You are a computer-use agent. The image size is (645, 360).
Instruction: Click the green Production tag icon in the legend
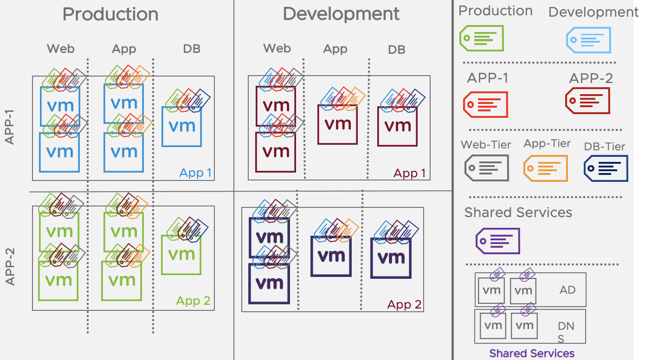pyautogui.click(x=481, y=38)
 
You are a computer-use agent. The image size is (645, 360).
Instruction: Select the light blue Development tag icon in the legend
pyautogui.click(x=588, y=40)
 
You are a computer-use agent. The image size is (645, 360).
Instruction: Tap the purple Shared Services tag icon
pyautogui.click(x=498, y=241)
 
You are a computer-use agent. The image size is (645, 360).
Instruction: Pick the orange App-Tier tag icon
pyautogui.click(x=545, y=168)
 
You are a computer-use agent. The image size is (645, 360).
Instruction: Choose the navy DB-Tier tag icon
pyautogui.click(x=606, y=168)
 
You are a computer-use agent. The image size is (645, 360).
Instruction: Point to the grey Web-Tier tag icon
pyautogui.click(x=486, y=167)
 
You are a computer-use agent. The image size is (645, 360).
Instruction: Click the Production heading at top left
pyautogui.click(x=110, y=14)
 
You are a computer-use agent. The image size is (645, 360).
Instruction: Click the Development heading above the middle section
pyautogui.click(x=341, y=14)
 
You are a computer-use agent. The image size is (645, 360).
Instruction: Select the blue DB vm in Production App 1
pyautogui.click(x=181, y=126)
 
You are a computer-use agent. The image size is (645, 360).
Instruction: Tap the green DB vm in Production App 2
pyautogui.click(x=181, y=254)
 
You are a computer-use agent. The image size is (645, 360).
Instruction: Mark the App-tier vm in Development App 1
pyautogui.click(x=337, y=124)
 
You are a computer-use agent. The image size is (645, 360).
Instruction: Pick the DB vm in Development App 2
pyautogui.click(x=391, y=257)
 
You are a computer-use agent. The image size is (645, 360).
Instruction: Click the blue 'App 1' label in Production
pyautogui.click(x=195, y=173)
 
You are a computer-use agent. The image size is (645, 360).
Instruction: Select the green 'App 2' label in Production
pyautogui.click(x=193, y=301)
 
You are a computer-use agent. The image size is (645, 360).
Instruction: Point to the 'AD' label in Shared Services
pyautogui.click(x=568, y=290)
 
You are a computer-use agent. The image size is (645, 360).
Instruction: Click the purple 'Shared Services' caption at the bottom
pyautogui.click(x=532, y=354)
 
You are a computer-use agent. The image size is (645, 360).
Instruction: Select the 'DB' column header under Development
pyautogui.click(x=396, y=50)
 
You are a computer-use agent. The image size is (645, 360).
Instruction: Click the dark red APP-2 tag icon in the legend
pyautogui.click(x=587, y=101)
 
